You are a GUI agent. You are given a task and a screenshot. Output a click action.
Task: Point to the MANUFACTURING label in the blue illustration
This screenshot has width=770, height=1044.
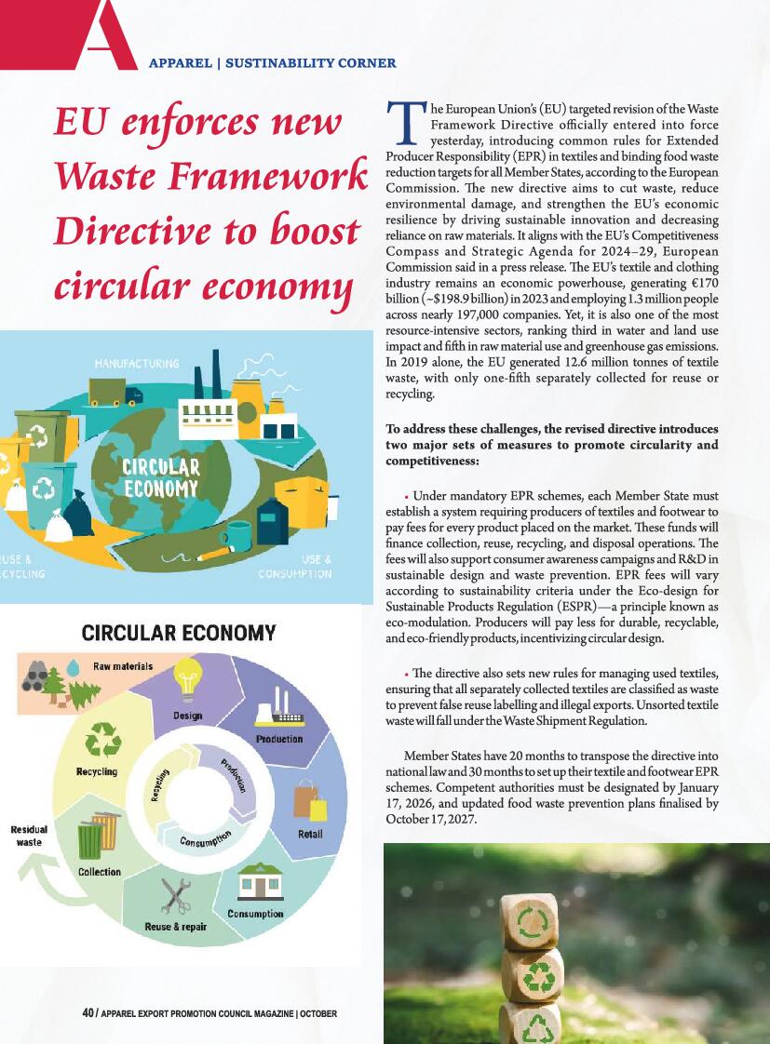[137, 361]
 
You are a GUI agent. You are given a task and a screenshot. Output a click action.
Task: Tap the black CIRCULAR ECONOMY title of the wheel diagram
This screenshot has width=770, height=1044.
[179, 634]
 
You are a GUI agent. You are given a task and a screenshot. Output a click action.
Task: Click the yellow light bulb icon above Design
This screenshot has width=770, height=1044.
[189, 676]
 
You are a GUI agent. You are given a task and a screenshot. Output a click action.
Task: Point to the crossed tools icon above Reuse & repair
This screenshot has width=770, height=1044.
[176, 896]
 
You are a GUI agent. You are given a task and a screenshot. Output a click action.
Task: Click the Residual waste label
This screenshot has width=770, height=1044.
[29, 835]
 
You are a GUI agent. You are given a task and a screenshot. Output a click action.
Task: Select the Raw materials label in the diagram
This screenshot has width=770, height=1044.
[122, 666]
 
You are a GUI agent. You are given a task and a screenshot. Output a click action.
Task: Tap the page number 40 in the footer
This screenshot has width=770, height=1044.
[88, 1013]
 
